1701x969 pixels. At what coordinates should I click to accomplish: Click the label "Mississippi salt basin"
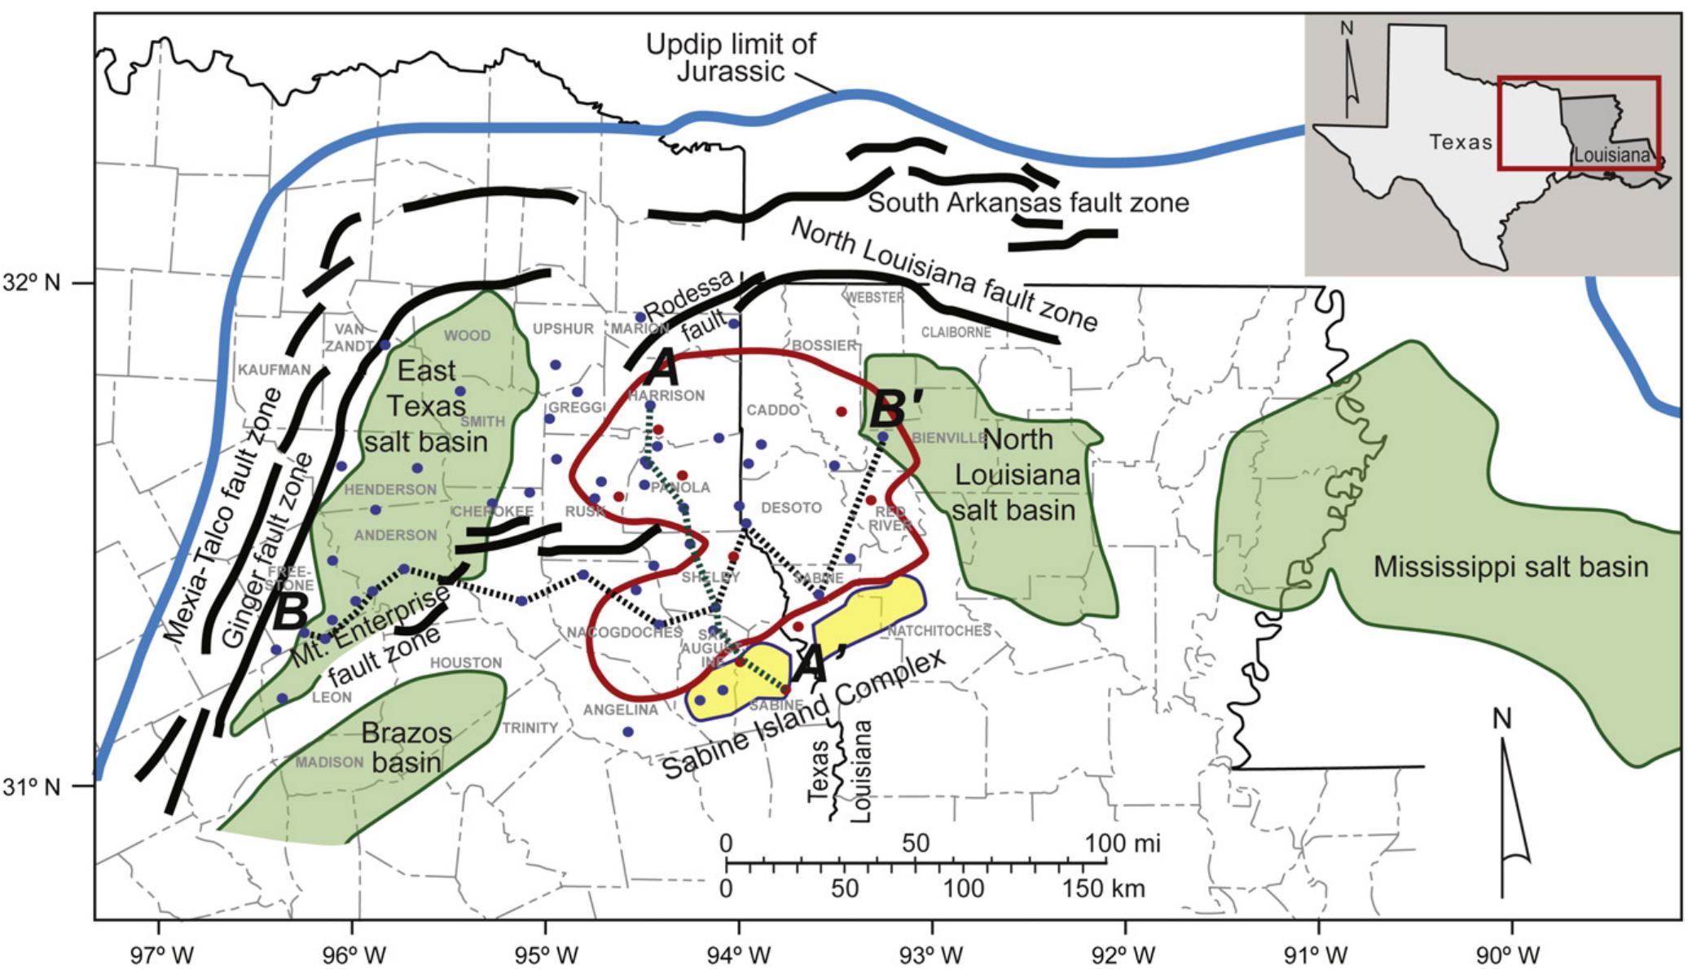[x=1510, y=567]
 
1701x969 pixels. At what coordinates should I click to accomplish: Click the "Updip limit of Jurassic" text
[x=730, y=57]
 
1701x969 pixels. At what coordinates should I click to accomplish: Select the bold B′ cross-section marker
[x=897, y=411]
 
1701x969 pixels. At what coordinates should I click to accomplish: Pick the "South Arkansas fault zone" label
[x=1028, y=202]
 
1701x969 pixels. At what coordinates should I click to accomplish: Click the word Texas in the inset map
[x=1461, y=142]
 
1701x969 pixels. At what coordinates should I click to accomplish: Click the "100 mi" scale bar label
[x=1123, y=843]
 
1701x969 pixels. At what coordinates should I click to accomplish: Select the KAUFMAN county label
[x=274, y=370]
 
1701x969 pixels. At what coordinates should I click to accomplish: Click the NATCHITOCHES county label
[x=938, y=630]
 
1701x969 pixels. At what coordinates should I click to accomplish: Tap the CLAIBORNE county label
[x=956, y=332]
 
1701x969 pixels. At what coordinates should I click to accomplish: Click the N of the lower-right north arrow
[x=1501, y=719]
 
